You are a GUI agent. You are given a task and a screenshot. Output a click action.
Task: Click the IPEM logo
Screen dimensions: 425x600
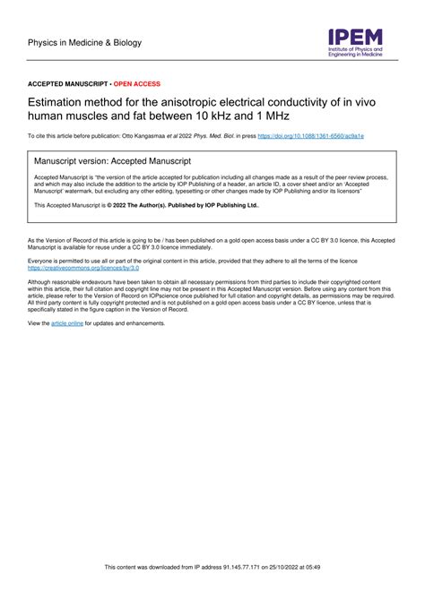(354, 41)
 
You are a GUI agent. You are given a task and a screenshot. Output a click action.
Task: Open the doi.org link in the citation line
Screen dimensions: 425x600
(311, 136)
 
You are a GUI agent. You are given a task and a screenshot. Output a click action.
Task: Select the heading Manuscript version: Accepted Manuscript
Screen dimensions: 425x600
(112, 160)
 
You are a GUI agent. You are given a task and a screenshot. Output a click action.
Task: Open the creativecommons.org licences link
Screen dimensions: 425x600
(84, 268)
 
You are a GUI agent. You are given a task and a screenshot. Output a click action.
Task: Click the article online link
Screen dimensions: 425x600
(67, 322)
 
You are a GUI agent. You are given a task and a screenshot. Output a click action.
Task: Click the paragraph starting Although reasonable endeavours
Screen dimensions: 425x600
(212, 295)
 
